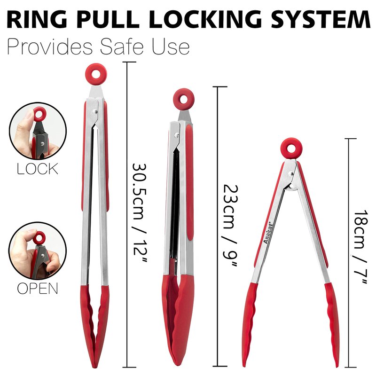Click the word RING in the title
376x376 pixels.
37,19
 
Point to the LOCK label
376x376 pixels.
38,169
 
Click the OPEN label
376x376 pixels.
38,288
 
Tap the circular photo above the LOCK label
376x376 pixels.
38,131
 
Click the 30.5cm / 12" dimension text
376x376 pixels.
139,213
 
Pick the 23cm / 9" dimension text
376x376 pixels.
230,226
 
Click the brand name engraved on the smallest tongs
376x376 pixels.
268,233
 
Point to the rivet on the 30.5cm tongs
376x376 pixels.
95,111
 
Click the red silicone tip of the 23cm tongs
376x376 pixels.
178,320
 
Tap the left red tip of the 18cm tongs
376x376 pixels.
250,324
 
